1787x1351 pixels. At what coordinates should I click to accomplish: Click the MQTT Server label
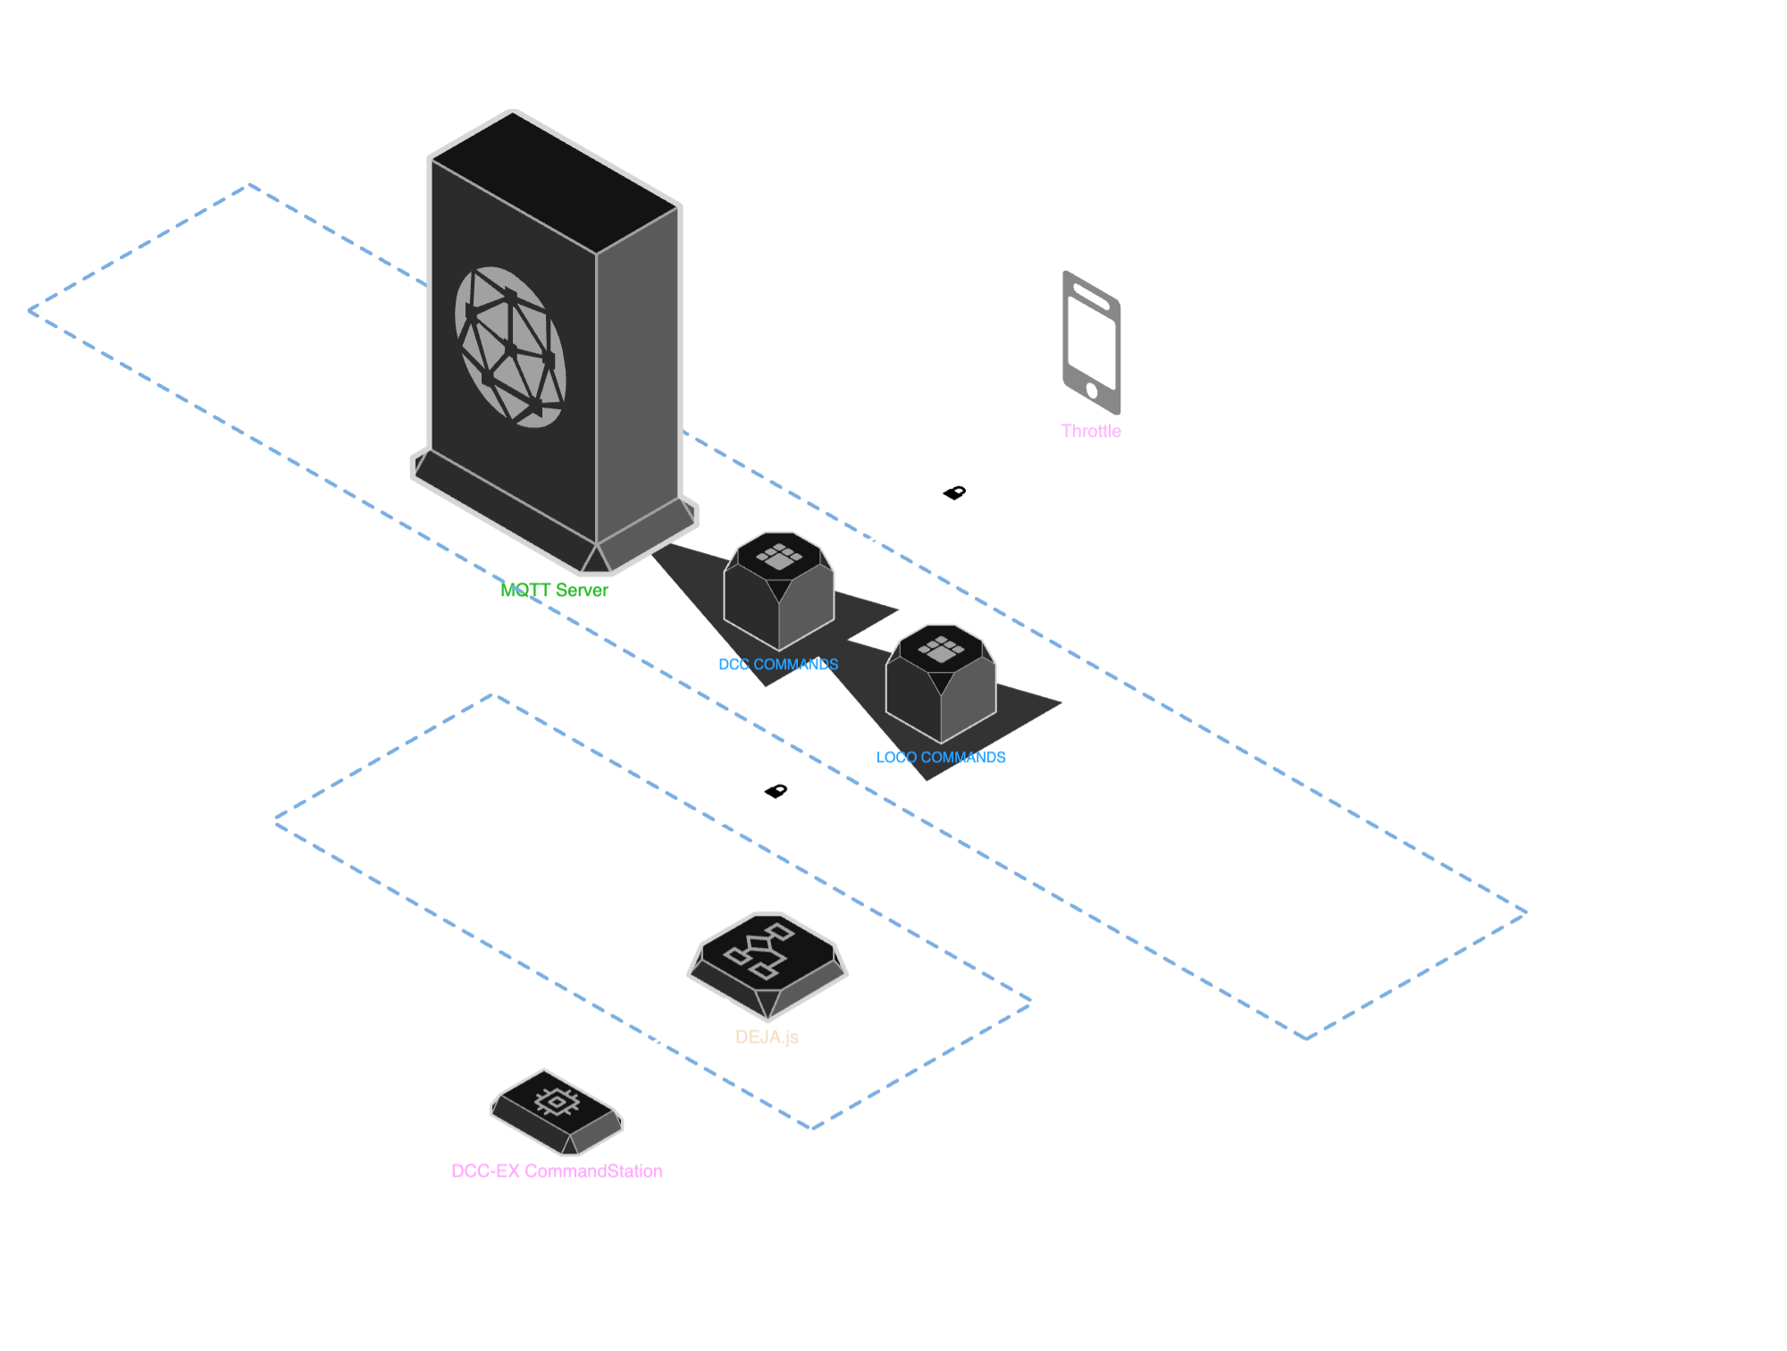(554, 591)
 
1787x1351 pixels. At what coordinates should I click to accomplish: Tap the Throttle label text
(1090, 432)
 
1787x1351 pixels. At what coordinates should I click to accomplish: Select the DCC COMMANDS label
(778, 665)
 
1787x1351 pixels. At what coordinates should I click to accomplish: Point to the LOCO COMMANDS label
(941, 758)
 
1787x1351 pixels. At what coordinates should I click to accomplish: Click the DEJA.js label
(767, 1037)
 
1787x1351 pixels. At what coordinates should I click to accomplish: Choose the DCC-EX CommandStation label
(557, 1171)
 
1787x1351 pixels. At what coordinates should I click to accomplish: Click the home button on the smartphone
(1092, 390)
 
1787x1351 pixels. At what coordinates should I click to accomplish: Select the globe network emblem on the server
(510, 347)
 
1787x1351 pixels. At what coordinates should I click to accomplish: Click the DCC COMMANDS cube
(778, 594)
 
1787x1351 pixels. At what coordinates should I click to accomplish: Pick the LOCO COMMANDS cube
(941, 686)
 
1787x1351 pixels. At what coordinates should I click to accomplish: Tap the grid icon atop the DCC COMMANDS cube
(779, 556)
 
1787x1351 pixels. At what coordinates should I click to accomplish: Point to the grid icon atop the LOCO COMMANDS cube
(941, 649)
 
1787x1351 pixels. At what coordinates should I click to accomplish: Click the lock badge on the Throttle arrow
(954, 492)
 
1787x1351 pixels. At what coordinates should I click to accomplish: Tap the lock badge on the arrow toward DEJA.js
(776, 791)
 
